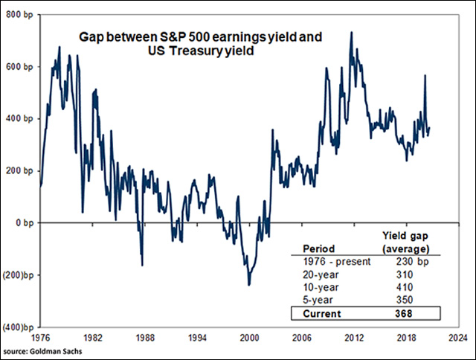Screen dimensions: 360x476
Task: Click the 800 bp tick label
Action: tap(19, 14)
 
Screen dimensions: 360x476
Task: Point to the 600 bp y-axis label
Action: tap(19, 66)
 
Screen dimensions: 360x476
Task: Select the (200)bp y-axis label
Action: tap(18, 274)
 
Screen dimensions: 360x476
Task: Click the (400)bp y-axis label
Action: tap(18, 327)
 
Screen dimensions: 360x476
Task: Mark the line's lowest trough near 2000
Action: tap(248, 285)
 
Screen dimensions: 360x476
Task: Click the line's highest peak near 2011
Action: tap(351, 33)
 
